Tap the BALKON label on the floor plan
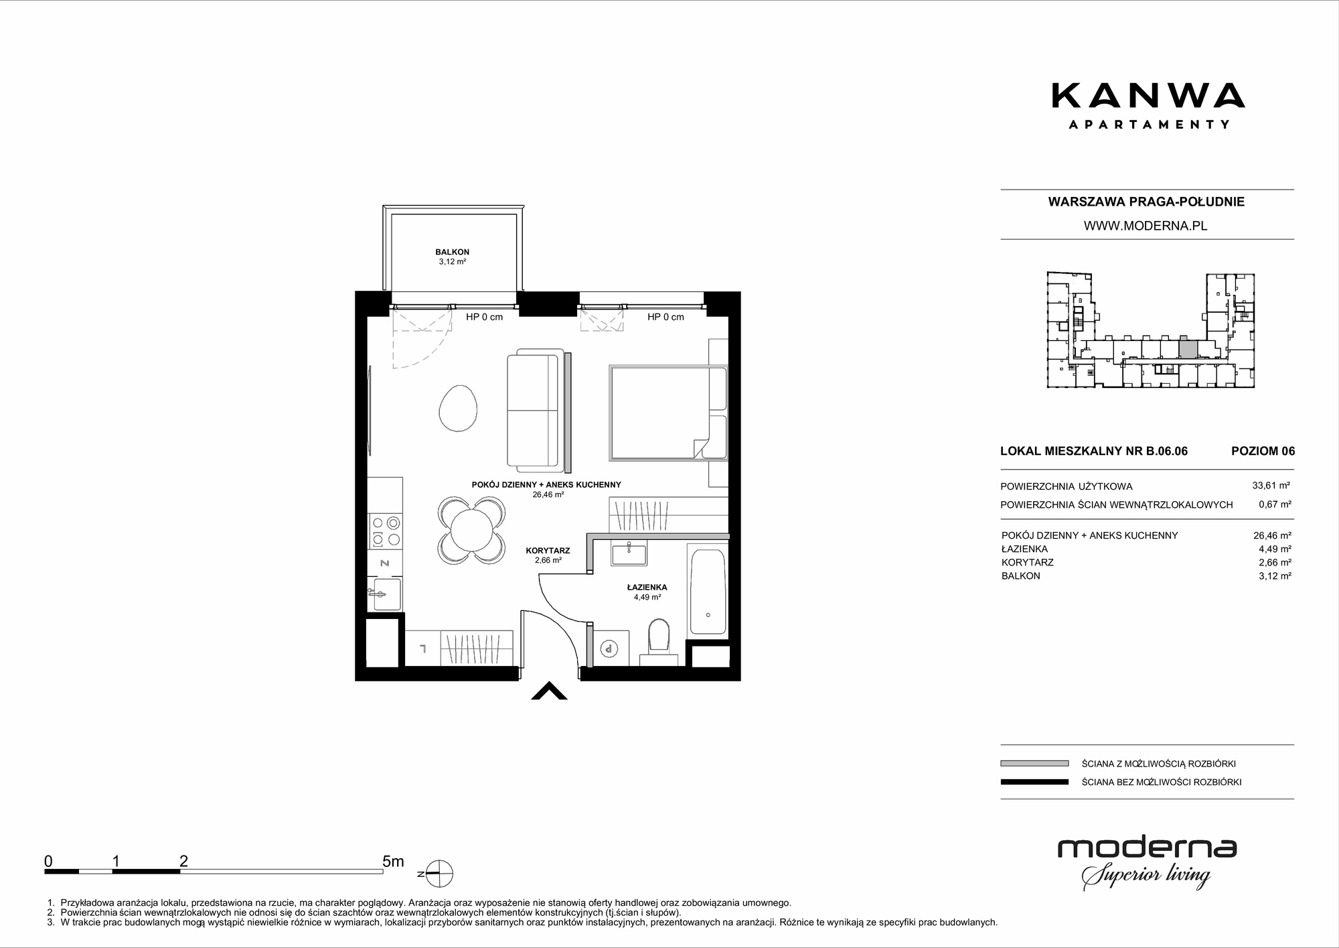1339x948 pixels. point(452,252)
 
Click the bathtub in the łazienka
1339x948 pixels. point(707,590)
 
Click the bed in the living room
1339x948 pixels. point(668,413)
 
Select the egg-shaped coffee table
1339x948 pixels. point(457,410)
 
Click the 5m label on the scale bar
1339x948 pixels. point(393,861)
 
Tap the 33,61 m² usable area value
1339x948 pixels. point(1271,486)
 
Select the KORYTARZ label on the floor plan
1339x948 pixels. point(548,551)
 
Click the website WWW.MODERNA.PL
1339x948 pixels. point(1146,226)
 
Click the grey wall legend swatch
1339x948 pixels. point(1034,763)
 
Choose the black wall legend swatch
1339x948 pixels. point(1034,782)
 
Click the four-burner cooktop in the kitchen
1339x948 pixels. point(386,531)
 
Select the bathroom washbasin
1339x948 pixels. point(629,555)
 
